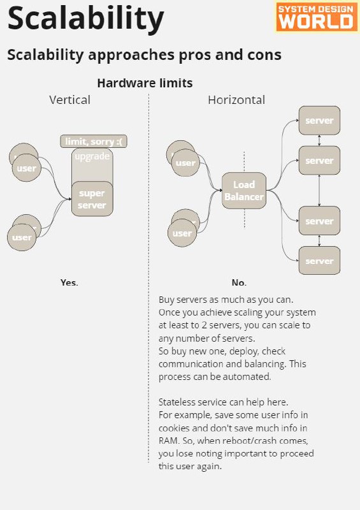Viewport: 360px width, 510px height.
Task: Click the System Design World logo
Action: (317, 17)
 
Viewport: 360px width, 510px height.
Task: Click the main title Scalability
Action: (85, 19)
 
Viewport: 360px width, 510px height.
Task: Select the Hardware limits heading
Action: (145, 84)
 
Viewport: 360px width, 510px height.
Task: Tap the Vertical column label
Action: (69, 100)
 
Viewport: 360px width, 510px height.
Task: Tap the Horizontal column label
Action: (236, 100)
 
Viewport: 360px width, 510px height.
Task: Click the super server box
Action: (92, 199)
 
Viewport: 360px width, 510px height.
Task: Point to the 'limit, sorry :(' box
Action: (94, 142)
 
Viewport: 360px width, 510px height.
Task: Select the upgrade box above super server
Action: (92, 165)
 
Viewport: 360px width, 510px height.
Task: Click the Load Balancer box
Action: (244, 191)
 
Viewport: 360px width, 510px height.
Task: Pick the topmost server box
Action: (319, 120)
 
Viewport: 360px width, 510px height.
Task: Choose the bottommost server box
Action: (319, 261)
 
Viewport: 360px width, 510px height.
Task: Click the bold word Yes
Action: (69, 282)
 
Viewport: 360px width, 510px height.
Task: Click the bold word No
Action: (239, 282)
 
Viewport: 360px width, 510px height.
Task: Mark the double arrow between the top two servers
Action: (319, 140)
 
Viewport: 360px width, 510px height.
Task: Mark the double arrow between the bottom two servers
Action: (319, 240)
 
